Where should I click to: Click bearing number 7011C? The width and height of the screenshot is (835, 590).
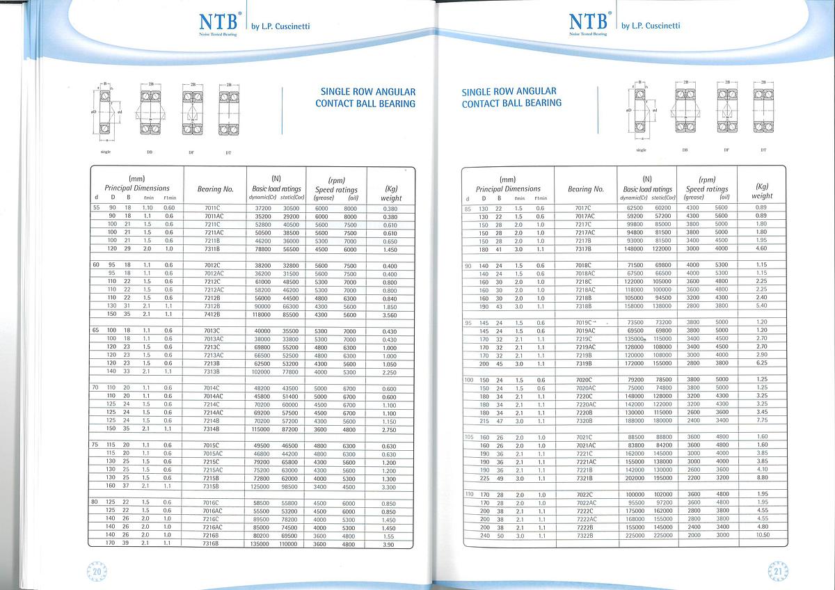click(212, 208)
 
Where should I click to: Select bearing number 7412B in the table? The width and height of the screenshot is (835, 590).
click(212, 314)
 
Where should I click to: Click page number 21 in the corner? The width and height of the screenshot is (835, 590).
click(777, 571)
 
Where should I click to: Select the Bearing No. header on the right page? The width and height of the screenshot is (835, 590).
click(585, 189)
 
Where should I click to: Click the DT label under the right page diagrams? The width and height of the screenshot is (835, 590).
click(763, 150)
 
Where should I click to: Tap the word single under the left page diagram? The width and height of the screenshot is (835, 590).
click(106, 151)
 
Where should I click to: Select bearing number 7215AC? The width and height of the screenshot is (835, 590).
click(212, 470)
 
